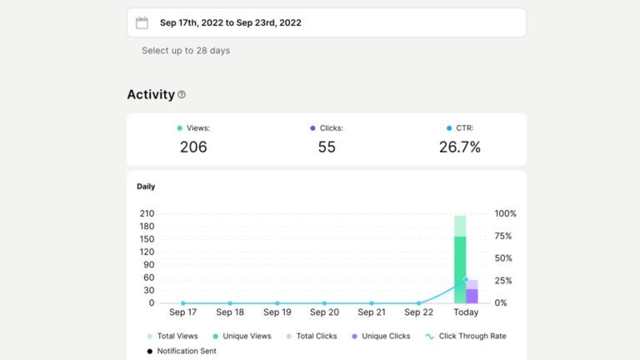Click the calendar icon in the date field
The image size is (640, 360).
pyautogui.click(x=142, y=23)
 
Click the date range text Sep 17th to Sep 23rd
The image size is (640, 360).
pyautogui.click(x=230, y=23)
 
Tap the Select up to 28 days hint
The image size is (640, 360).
pyautogui.click(x=185, y=51)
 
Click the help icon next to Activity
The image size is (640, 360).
pyautogui.click(x=182, y=95)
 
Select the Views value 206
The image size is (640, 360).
pyautogui.click(x=193, y=147)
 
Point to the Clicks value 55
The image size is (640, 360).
pyautogui.click(x=326, y=147)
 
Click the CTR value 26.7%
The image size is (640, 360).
pyautogui.click(x=459, y=147)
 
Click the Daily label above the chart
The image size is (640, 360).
pyautogui.click(x=146, y=187)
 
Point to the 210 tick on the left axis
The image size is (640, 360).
pyautogui.click(x=146, y=213)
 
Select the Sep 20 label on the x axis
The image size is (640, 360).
pyautogui.click(x=324, y=312)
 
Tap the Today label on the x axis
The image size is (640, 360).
pyautogui.click(x=466, y=312)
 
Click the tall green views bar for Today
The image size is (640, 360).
pyautogui.click(x=460, y=267)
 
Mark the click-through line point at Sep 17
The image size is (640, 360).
pyautogui.click(x=183, y=303)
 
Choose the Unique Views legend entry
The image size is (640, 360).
pyautogui.click(x=243, y=336)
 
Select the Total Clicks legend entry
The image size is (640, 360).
pyautogui.click(x=313, y=336)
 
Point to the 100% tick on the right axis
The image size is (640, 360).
pyautogui.click(x=505, y=213)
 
